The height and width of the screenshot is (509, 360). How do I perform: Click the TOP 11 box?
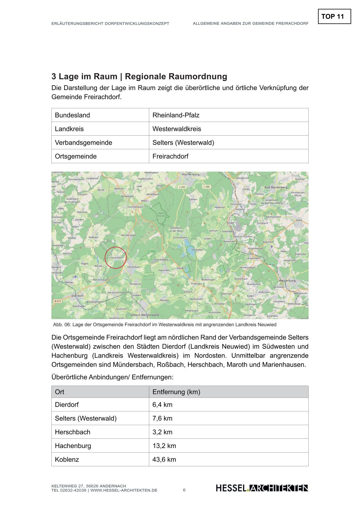click(x=334, y=17)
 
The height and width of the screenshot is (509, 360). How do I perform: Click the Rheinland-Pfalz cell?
click(x=176, y=115)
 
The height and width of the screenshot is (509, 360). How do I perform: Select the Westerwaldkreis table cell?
click(x=177, y=129)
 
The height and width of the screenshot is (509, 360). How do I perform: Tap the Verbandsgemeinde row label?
click(x=83, y=143)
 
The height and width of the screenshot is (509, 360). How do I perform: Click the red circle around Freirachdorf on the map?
click(x=116, y=257)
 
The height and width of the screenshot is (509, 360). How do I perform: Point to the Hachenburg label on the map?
click(x=190, y=175)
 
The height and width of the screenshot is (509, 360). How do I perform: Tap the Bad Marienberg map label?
click(x=276, y=187)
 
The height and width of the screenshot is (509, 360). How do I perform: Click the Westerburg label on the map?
click(x=287, y=281)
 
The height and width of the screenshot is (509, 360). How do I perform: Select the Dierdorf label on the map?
click(x=77, y=296)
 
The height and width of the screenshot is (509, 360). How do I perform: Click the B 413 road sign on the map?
click(x=57, y=301)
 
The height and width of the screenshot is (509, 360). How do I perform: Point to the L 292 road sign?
click(x=182, y=187)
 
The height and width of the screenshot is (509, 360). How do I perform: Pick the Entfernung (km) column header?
click(x=176, y=392)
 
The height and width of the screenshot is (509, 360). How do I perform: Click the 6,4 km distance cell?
click(x=162, y=405)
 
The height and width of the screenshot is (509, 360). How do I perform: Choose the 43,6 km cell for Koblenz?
click(x=164, y=460)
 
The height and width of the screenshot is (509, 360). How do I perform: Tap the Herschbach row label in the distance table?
click(x=73, y=432)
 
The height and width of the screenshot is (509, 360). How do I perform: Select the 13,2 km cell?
click(x=164, y=446)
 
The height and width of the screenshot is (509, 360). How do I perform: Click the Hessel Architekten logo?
click(x=262, y=488)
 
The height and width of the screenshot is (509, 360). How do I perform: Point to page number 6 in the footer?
click(x=184, y=490)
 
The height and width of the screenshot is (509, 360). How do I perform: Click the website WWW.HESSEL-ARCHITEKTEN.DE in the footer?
click(x=124, y=490)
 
